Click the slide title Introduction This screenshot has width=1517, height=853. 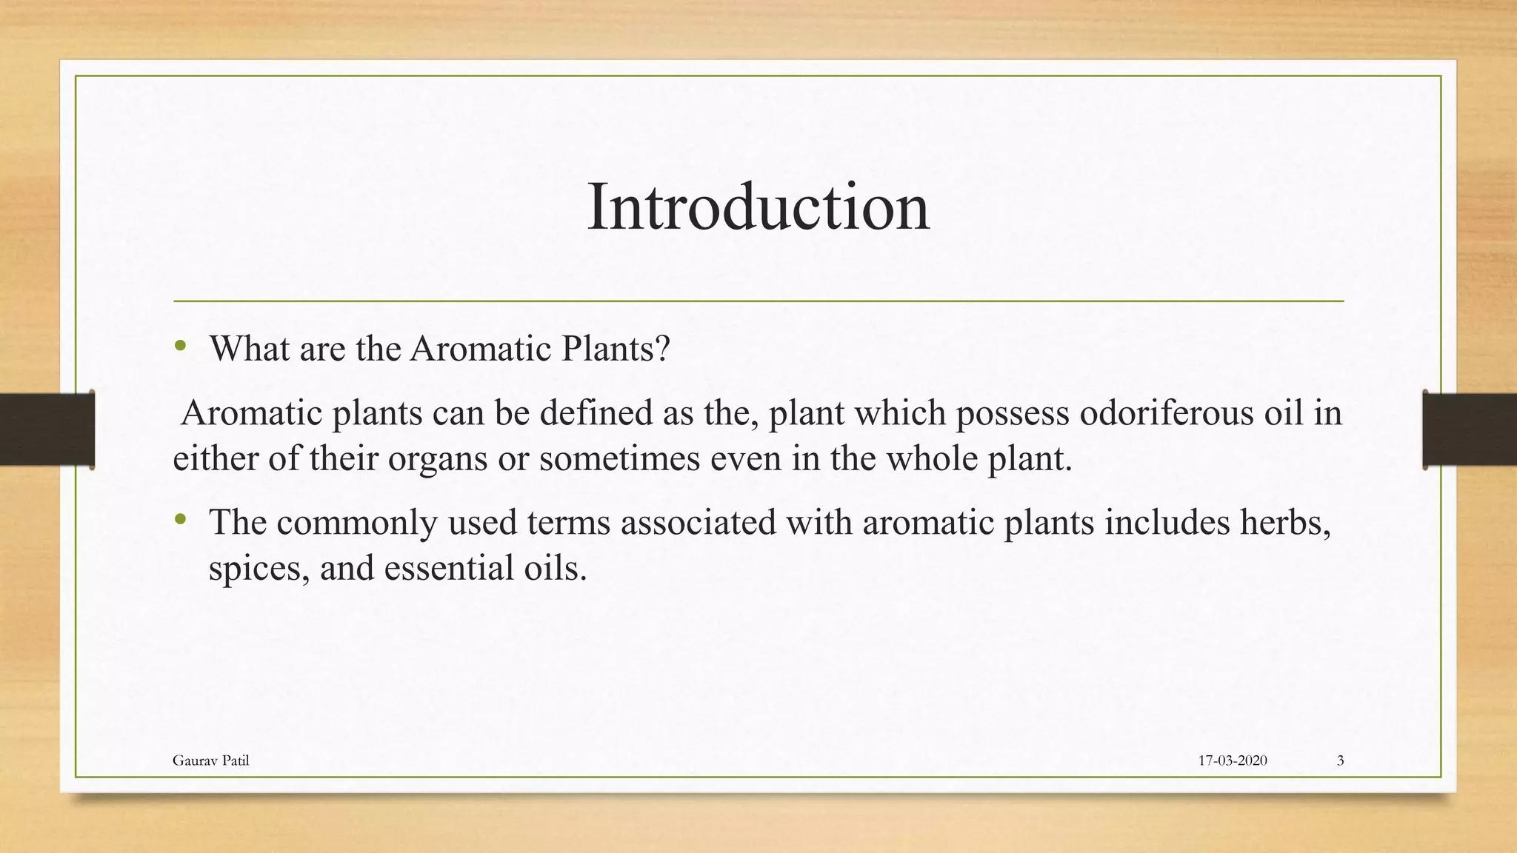coord(758,207)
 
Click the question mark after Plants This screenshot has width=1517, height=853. coord(662,348)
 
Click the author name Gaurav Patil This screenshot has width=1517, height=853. coord(210,760)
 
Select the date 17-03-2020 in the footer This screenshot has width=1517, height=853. coord(1232,760)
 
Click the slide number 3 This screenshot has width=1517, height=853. coord(1340,760)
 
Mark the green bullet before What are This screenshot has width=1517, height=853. coord(180,345)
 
